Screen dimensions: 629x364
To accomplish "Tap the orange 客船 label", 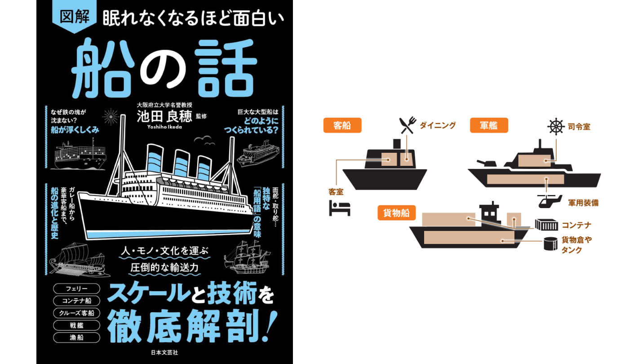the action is coord(342,125).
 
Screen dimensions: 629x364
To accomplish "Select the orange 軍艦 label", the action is coord(489,125).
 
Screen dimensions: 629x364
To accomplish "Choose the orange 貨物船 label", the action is coord(396,213).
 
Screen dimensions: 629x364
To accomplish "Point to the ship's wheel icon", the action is coord(556,126).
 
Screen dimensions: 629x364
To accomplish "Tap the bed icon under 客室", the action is coord(340,208).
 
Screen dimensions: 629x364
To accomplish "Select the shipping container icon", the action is coord(546,225).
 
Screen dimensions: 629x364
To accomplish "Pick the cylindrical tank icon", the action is coord(551,244).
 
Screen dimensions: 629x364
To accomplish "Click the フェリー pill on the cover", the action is coord(77,289).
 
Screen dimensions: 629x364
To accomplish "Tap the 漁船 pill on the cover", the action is coord(77,337).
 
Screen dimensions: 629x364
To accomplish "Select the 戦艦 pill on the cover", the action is coord(77,325).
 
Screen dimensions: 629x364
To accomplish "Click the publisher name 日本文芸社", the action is coord(164,352).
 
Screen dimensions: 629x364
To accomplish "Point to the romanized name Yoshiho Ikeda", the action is coord(164,127).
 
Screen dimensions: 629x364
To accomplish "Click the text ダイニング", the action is coord(438,125).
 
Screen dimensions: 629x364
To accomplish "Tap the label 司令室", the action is coord(579,127).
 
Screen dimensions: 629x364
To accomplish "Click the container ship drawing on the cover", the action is coord(80,155).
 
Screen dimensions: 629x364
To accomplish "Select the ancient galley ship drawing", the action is coord(80,259).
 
